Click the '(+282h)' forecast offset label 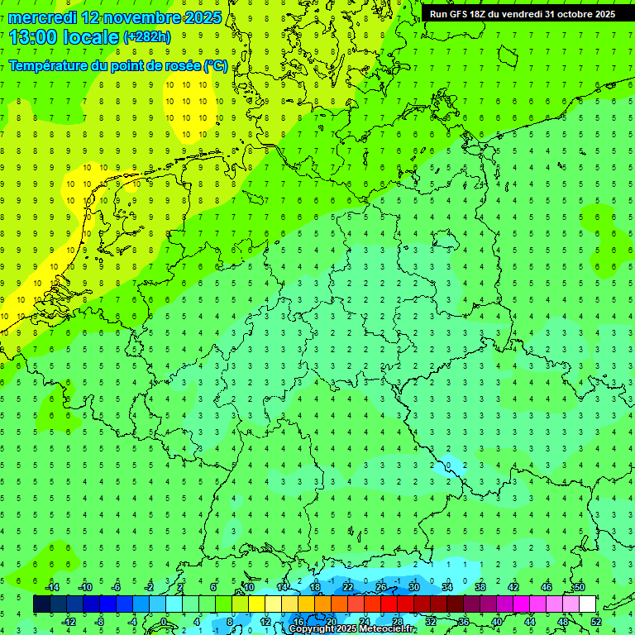(146, 37)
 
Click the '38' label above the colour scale (480, 587)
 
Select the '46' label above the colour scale (546, 587)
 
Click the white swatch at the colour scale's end (587, 604)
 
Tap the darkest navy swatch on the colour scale (41, 604)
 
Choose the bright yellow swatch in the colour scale (256, 604)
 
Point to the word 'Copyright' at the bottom (313, 629)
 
